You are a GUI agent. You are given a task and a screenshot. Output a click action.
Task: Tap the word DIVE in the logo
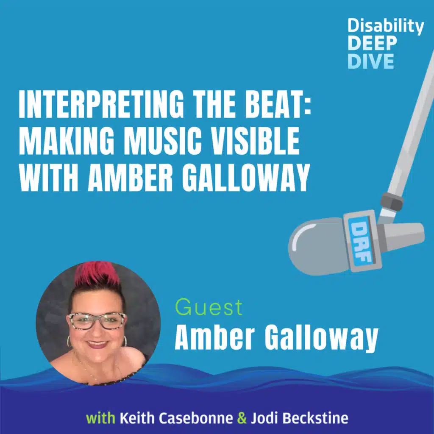tap(371, 61)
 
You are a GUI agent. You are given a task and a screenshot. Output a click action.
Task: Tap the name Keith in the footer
tap(135, 419)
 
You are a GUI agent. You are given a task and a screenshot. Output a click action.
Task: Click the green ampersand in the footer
tap(242, 419)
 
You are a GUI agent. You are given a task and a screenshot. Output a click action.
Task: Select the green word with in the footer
tap(101, 419)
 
